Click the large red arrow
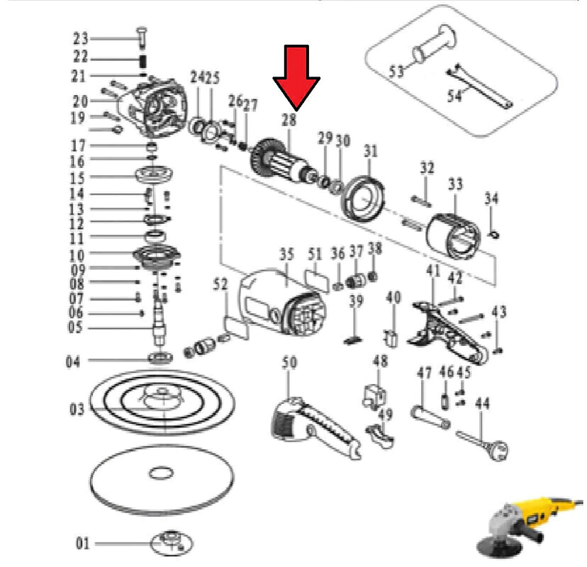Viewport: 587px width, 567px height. [x=296, y=78]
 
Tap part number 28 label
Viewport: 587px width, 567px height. [x=289, y=120]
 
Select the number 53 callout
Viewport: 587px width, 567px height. [x=396, y=71]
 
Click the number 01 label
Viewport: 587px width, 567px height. [x=83, y=544]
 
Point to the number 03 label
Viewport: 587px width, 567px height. [x=77, y=409]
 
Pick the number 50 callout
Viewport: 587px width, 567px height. [x=289, y=362]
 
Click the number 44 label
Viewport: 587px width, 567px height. [x=482, y=403]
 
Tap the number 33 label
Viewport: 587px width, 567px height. [x=456, y=184]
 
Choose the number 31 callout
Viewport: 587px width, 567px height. [x=371, y=151]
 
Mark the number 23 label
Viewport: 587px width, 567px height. [x=81, y=38]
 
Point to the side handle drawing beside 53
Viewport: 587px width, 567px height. [x=435, y=45]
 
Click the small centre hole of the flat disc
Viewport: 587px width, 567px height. [x=162, y=473]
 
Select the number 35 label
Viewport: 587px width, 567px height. [x=286, y=254]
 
